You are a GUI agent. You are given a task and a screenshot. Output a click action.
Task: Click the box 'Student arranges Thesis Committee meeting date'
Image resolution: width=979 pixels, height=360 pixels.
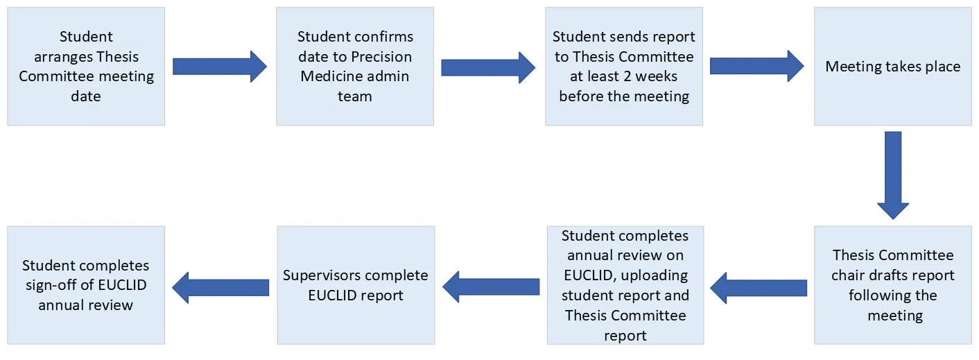coord(86,67)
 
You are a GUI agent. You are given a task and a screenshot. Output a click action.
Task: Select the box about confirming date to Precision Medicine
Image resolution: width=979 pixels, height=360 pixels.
coord(355,67)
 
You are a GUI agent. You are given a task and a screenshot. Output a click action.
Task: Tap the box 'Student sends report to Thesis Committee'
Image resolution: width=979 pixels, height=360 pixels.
coord(624,67)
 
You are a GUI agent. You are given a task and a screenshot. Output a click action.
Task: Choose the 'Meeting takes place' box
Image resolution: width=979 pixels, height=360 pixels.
coord(893,67)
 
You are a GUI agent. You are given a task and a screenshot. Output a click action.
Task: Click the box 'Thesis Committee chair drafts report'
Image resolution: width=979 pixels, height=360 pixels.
coord(893,285)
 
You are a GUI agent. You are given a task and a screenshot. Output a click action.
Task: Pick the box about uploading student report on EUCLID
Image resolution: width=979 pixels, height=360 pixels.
coord(625,285)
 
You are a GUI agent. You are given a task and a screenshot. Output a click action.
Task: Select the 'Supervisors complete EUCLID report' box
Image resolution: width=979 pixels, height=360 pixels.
coord(356,285)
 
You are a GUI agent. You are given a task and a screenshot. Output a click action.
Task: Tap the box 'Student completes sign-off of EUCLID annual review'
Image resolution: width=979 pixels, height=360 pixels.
coord(86,285)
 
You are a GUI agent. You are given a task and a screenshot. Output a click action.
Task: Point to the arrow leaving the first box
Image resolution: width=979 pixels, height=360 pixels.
coord(219,67)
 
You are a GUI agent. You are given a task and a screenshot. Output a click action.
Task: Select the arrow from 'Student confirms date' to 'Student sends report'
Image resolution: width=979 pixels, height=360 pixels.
coord(488,67)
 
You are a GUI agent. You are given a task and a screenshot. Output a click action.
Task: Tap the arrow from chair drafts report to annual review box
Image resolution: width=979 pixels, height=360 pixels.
coord(759,287)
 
